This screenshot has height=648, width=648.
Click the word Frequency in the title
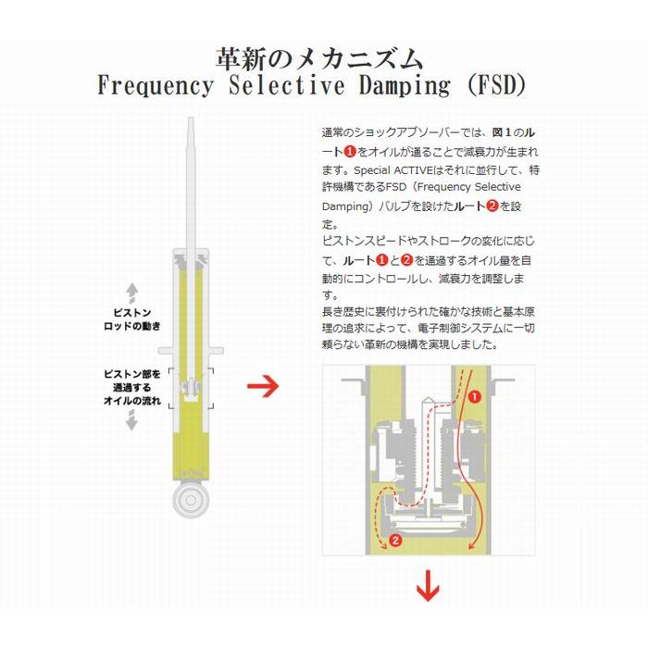tap(156, 85)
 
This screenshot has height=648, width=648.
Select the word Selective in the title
tap(286, 85)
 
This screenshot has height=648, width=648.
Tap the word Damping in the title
tap(405, 86)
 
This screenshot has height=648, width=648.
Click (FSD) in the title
tap(497, 85)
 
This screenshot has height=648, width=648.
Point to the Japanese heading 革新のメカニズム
tap(319, 58)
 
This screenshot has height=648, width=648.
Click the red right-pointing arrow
tap(263, 386)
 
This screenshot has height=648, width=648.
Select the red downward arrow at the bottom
tap(428, 586)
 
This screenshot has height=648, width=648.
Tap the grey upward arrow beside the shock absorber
tap(131, 293)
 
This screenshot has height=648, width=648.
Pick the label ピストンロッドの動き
tap(131, 319)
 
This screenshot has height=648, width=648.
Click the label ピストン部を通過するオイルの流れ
tap(131, 387)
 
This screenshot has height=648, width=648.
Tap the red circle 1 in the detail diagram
tap(474, 397)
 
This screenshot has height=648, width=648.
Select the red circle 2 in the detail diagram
tap(395, 540)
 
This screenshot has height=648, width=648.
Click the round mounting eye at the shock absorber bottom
tap(191, 500)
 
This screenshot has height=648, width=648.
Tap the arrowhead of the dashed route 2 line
tap(383, 546)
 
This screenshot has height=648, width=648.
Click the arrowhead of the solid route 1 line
tap(470, 548)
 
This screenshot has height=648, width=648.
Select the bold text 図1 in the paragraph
tap(503, 132)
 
